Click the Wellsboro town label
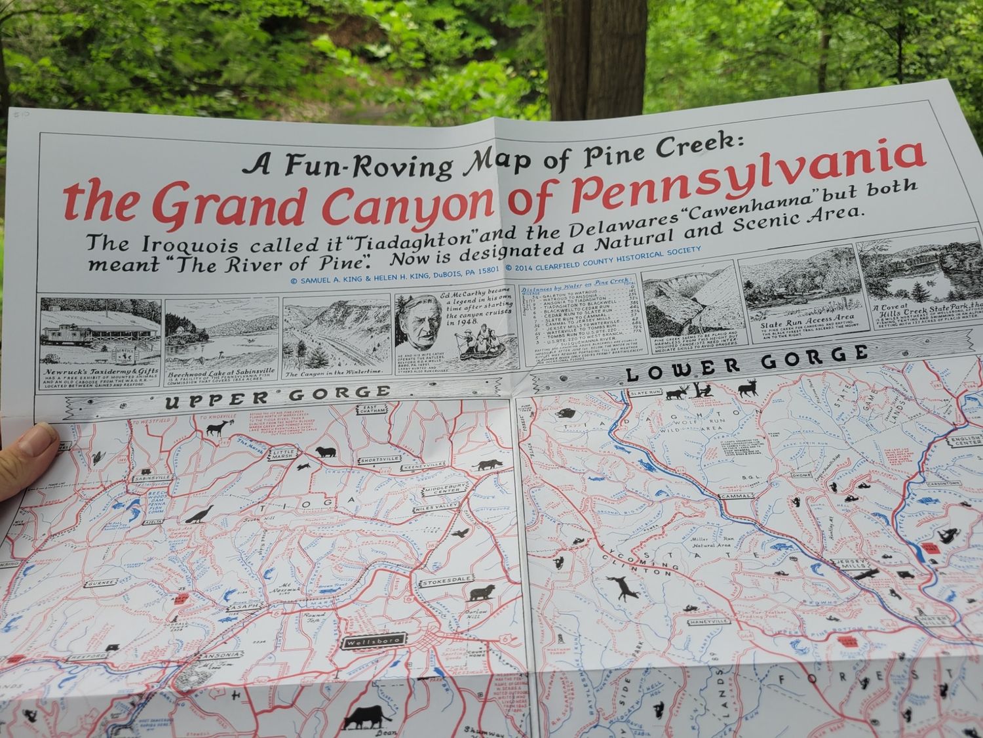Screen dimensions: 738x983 point(372,640)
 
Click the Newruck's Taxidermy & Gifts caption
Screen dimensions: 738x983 point(98,371)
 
